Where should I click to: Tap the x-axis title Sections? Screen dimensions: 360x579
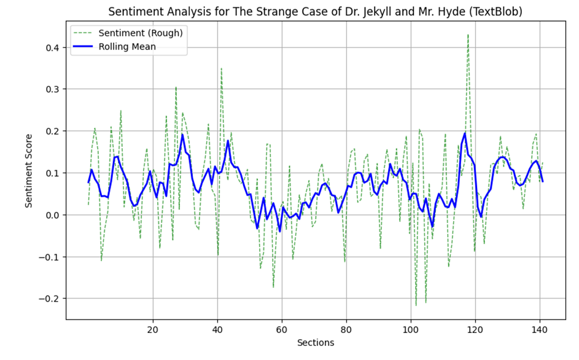(314, 342)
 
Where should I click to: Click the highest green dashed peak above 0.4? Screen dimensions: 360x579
(468, 35)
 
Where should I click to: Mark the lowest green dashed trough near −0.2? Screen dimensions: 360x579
(416, 305)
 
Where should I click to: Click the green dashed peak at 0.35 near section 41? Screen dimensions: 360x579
(221, 69)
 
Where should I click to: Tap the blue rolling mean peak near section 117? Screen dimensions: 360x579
(465, 133)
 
